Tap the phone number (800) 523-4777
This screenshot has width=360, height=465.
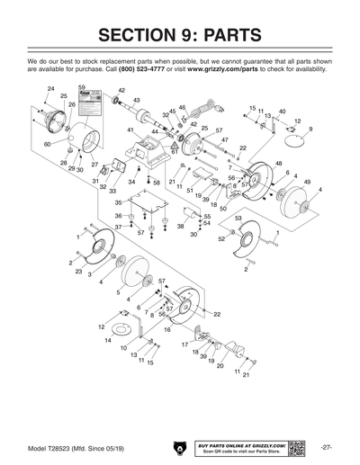tap(145, 68)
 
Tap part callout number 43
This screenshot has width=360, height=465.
tap(136, 100)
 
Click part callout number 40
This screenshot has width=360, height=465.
tap(282, 112)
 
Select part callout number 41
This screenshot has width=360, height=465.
tap(130, 131)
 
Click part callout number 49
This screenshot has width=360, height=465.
tap(307, 182)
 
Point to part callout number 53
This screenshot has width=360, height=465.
tap(238, 218)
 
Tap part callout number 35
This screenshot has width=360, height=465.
tap(118, 203)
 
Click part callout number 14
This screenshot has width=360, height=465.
tap(109, 341)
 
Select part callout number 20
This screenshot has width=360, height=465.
tap(220, 366)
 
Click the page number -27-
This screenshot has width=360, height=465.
tap(327, 447)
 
